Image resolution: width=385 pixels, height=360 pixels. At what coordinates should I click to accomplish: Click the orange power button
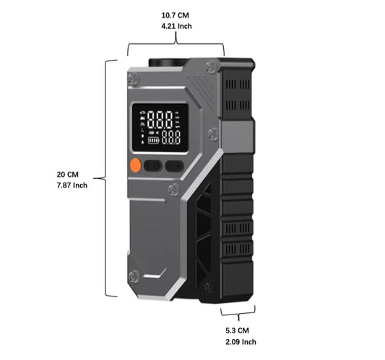(135, 165)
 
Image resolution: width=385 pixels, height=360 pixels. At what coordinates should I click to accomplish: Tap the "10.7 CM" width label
(175, 15)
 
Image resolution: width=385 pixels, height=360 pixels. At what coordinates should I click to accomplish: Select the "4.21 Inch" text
(176, 26)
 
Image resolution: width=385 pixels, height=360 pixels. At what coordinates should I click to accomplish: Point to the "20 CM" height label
(67, 175)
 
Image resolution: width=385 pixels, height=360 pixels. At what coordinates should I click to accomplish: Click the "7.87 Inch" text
(72, 185)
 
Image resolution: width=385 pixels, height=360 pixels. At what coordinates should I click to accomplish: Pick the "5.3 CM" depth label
(237, 330)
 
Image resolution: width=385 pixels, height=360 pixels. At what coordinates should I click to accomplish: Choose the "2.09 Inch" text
(241, 342)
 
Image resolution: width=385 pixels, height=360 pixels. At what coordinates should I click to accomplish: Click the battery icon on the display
(153, 141)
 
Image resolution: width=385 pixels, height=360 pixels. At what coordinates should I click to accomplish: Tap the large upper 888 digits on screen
(160, 120)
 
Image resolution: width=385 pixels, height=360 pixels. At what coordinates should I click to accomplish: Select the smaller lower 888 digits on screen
(171, 137)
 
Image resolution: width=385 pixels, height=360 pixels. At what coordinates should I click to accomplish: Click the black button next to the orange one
(152, 166)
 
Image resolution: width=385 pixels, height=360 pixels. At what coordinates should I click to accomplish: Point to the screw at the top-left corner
(133, 79)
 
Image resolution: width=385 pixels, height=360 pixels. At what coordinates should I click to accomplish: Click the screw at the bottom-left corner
(134, 276)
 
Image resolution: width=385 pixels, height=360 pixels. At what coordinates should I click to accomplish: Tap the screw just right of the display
(212, 134)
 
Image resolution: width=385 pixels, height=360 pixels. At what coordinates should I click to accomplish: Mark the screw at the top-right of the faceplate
(211, 66)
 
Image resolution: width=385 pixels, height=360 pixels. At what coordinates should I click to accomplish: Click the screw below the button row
(174, 190)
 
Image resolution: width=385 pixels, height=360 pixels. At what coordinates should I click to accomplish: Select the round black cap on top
(168, 62)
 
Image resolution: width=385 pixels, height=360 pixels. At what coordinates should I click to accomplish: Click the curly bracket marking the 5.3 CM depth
(238, 312)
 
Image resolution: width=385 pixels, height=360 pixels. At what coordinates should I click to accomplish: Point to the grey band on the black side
(237, 136)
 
